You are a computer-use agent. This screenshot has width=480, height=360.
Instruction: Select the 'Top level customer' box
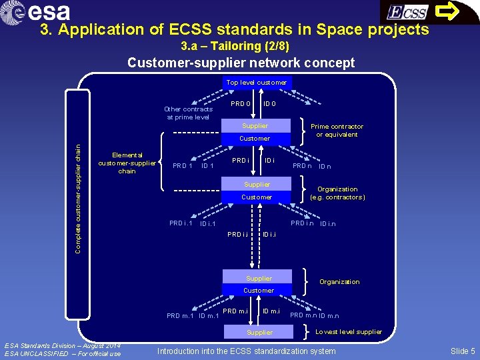coord(256,83)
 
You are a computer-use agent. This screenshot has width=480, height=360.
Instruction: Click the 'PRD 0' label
coord(241,103)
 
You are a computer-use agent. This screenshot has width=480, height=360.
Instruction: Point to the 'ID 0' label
coord(270,103)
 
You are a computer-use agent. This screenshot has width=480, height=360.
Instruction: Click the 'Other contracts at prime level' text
coord(189,113)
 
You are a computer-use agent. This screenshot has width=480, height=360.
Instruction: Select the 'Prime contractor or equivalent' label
coord(337,130)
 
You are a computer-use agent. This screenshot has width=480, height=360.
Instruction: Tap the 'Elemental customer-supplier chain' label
coord(127,163)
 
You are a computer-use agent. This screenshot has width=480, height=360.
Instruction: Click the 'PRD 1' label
coord(183,166)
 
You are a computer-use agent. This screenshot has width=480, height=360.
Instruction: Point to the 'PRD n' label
coord(303,166)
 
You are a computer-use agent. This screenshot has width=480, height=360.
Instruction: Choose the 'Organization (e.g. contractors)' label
coord(337,193)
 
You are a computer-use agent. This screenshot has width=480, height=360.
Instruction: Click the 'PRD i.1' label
coord(181,223)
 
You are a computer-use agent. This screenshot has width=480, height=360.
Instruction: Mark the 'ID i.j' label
coord(269,234)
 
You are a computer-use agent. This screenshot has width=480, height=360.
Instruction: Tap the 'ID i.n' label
coord(327,224)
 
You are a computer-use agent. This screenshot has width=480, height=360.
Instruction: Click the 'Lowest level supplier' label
coord(349,331)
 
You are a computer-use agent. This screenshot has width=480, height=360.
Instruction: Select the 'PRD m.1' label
coord(179,315)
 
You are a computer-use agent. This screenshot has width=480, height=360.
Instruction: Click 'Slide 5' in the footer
coord(463,351)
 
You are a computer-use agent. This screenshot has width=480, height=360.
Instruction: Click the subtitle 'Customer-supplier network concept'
coord(241,63)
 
